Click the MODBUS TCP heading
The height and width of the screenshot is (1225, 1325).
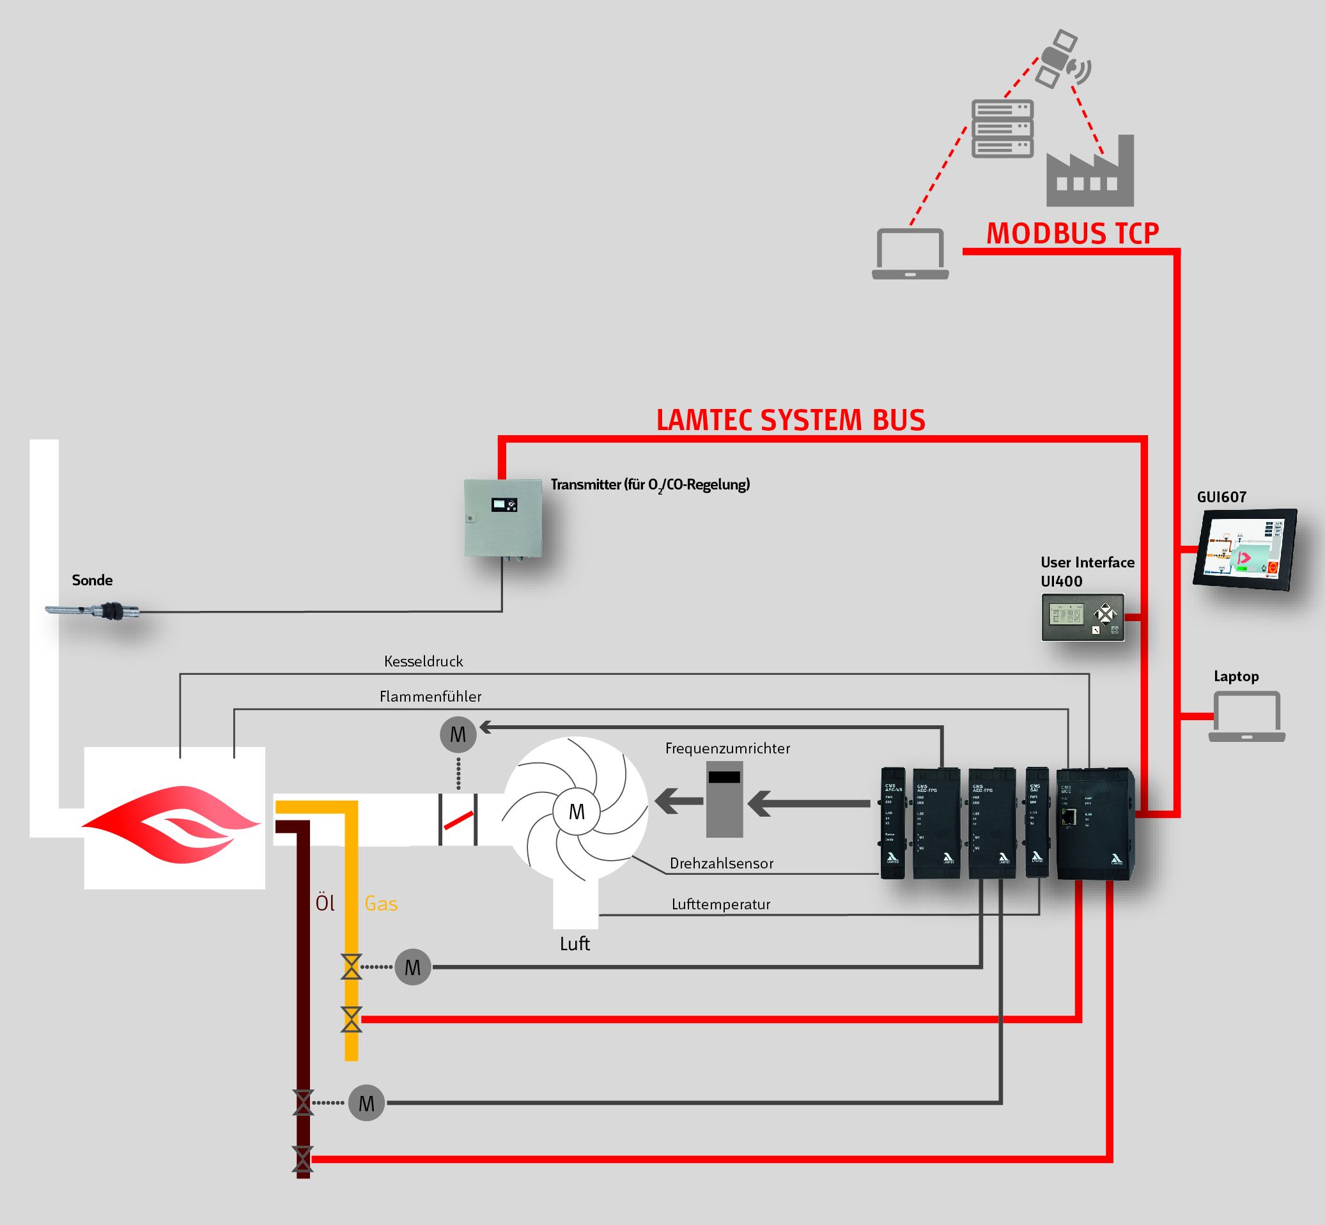pos(1073,233)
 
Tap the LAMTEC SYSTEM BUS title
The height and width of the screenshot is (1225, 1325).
pos(791,420)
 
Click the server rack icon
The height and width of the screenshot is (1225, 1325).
pos(1002,128)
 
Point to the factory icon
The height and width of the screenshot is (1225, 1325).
pos(1090,174)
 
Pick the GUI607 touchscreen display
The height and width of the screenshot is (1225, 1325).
pos(1244,549)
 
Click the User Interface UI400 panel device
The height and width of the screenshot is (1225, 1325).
pos(1082,617)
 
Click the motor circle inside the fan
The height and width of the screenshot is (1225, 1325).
pos(577,812)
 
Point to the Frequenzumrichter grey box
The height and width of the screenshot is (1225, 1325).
pos(724,799)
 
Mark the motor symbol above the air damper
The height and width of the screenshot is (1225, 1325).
pos(458,734)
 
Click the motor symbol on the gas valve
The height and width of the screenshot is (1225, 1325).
pos(412,968)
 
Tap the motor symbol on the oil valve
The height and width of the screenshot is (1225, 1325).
pos(366,1103)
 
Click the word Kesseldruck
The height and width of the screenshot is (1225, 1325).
pos(423,661)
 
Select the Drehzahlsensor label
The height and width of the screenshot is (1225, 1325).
pos(721,864)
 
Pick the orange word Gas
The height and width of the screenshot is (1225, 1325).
pos(382,904)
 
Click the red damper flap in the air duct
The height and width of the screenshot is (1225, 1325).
pos(458,821)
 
